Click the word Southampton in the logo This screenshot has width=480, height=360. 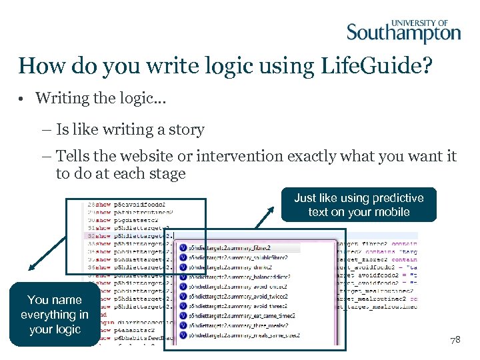[403, 33]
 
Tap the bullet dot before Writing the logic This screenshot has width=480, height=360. [23, 99]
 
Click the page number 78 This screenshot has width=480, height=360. [455, 339]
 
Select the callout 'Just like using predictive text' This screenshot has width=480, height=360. [359, 205]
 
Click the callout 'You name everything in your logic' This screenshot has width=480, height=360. [55, 315]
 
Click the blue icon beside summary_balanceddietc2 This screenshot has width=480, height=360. [183, 277]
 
